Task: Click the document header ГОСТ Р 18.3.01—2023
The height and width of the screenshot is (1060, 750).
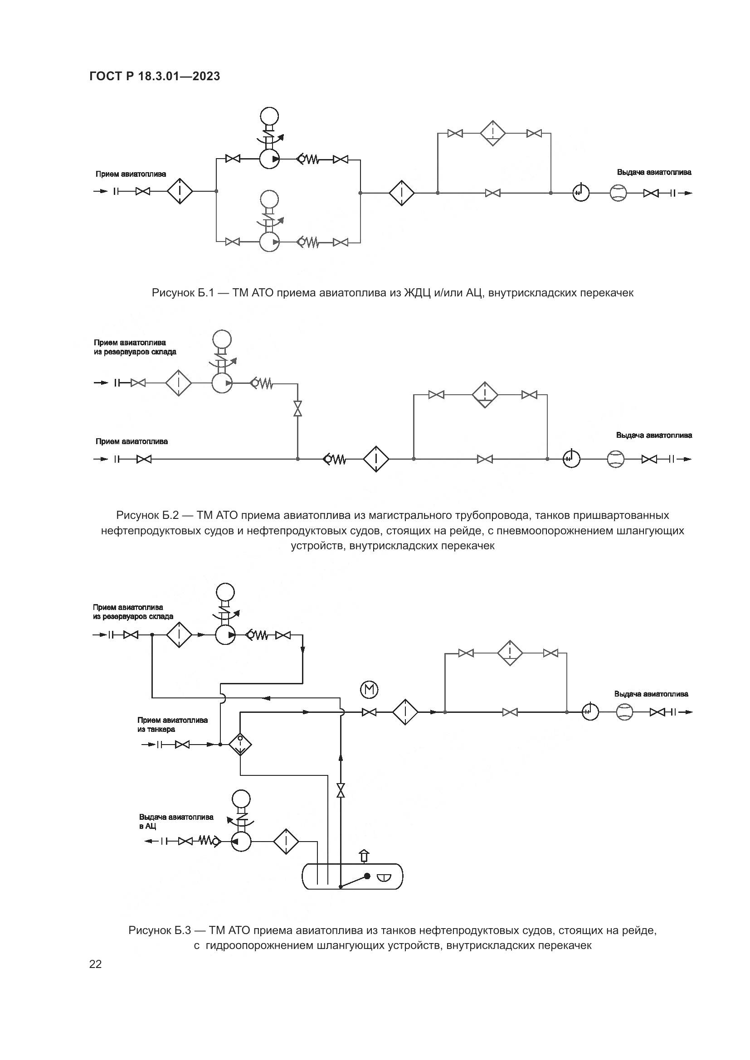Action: pyautogui.click(x=155, y=76)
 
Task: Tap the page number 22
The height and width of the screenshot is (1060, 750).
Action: pyautogui.click(x=96, y=964)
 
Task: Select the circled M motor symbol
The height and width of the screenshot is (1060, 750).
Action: pyautogui.click(x=369, y=690)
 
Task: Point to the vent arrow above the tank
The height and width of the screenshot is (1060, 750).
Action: pyautogui.click(x=364, y=856)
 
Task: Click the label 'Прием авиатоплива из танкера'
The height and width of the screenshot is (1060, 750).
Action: pyautogui.click(x=172, y=724)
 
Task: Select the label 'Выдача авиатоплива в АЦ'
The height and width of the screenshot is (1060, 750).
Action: pyautogui.click(x=176, y=821)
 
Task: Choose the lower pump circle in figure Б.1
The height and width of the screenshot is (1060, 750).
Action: pyautogui.click(x=269, y=242)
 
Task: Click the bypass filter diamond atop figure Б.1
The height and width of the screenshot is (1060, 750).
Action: pyautogui.click(x=493, y=133)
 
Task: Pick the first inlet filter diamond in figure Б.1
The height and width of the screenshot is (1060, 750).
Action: pyautogui.click(x=179, y=191)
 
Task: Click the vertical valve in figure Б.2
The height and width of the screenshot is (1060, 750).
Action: pyautogui.click(x=298, y=409)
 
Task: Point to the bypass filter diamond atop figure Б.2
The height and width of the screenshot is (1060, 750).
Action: pyautogui.click(x=485, y=395)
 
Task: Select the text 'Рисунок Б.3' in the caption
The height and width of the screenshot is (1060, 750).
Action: pyautogui.click(x=159, y=930)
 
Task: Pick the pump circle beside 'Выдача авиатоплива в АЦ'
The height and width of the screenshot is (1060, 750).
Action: pyautogui.click(x=241, y=842)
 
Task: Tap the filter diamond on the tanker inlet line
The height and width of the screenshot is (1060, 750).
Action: pyautogui.click(x=240, y=744)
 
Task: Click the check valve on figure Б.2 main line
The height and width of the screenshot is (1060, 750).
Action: pyautogui.click(x=334, y=460)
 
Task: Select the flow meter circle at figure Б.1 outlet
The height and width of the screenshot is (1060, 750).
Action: pyautogui.click(x=618, y=193)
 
